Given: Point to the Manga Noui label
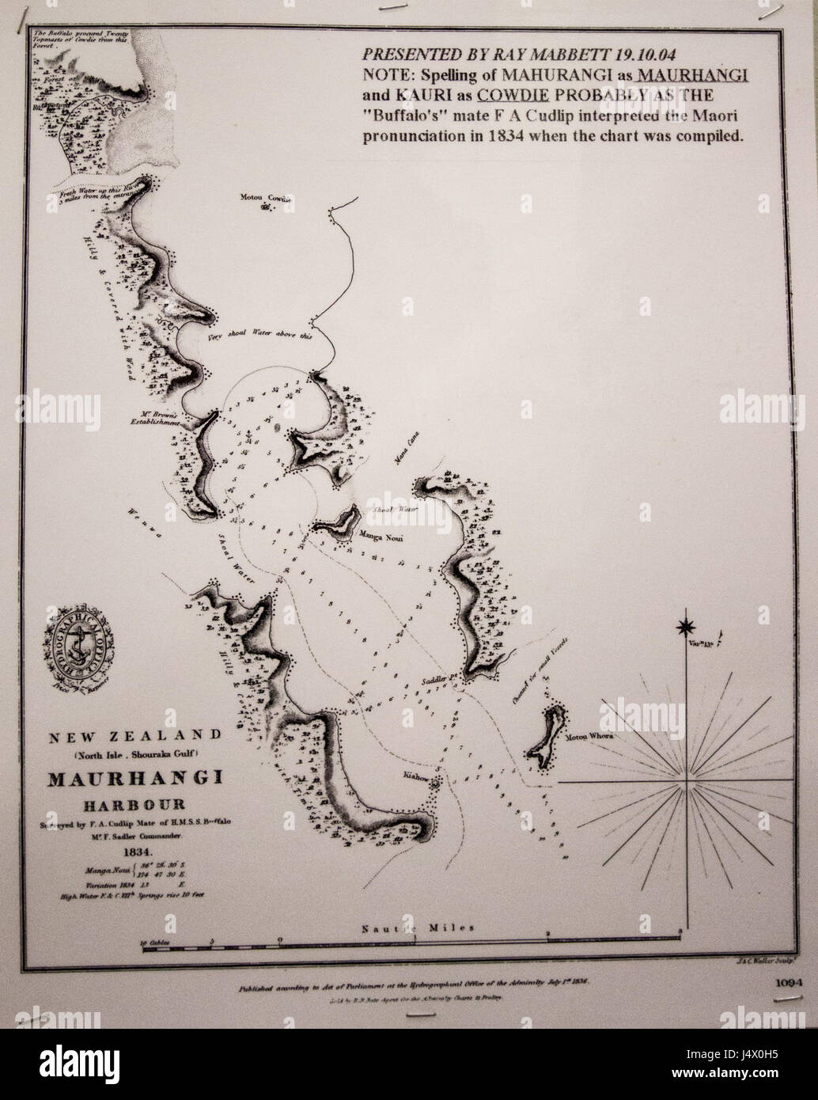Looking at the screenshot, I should pos(381,539).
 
